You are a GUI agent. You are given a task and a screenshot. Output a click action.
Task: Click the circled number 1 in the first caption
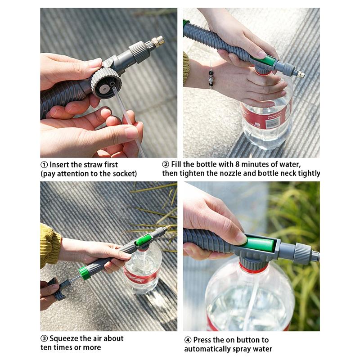coord(44,165)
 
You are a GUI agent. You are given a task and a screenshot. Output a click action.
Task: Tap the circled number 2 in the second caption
coord(166,165)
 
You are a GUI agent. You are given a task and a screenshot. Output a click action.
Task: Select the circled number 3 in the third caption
coord(44,338)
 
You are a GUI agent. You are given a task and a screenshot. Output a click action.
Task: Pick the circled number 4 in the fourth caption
coord(188,340)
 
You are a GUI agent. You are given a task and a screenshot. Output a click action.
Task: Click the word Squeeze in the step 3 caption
coord(65,338)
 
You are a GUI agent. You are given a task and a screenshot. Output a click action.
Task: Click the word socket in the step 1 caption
coord(123,173)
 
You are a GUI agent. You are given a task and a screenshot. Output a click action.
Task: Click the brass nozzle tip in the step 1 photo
coord(158,42)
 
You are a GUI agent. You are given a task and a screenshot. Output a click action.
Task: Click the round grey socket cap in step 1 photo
coord(105,83)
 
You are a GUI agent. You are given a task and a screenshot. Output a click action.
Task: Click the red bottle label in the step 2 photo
coord(265,118)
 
